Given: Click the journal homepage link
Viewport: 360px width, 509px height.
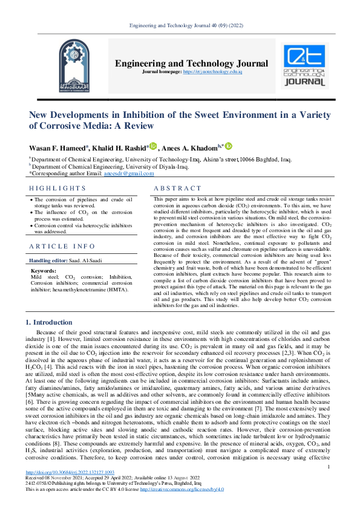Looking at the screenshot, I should point(217,71).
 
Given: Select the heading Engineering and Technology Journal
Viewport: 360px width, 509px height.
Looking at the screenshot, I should point(191,63).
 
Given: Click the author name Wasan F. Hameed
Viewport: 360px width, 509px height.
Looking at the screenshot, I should point(57,148).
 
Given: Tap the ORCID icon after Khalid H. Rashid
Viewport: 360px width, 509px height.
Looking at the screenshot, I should point(153,146).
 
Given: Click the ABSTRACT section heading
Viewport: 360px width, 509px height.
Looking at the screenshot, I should point(177,189).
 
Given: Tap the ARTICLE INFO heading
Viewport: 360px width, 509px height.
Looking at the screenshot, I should point(62,246).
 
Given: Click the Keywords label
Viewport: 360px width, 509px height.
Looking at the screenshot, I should point(43,271).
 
